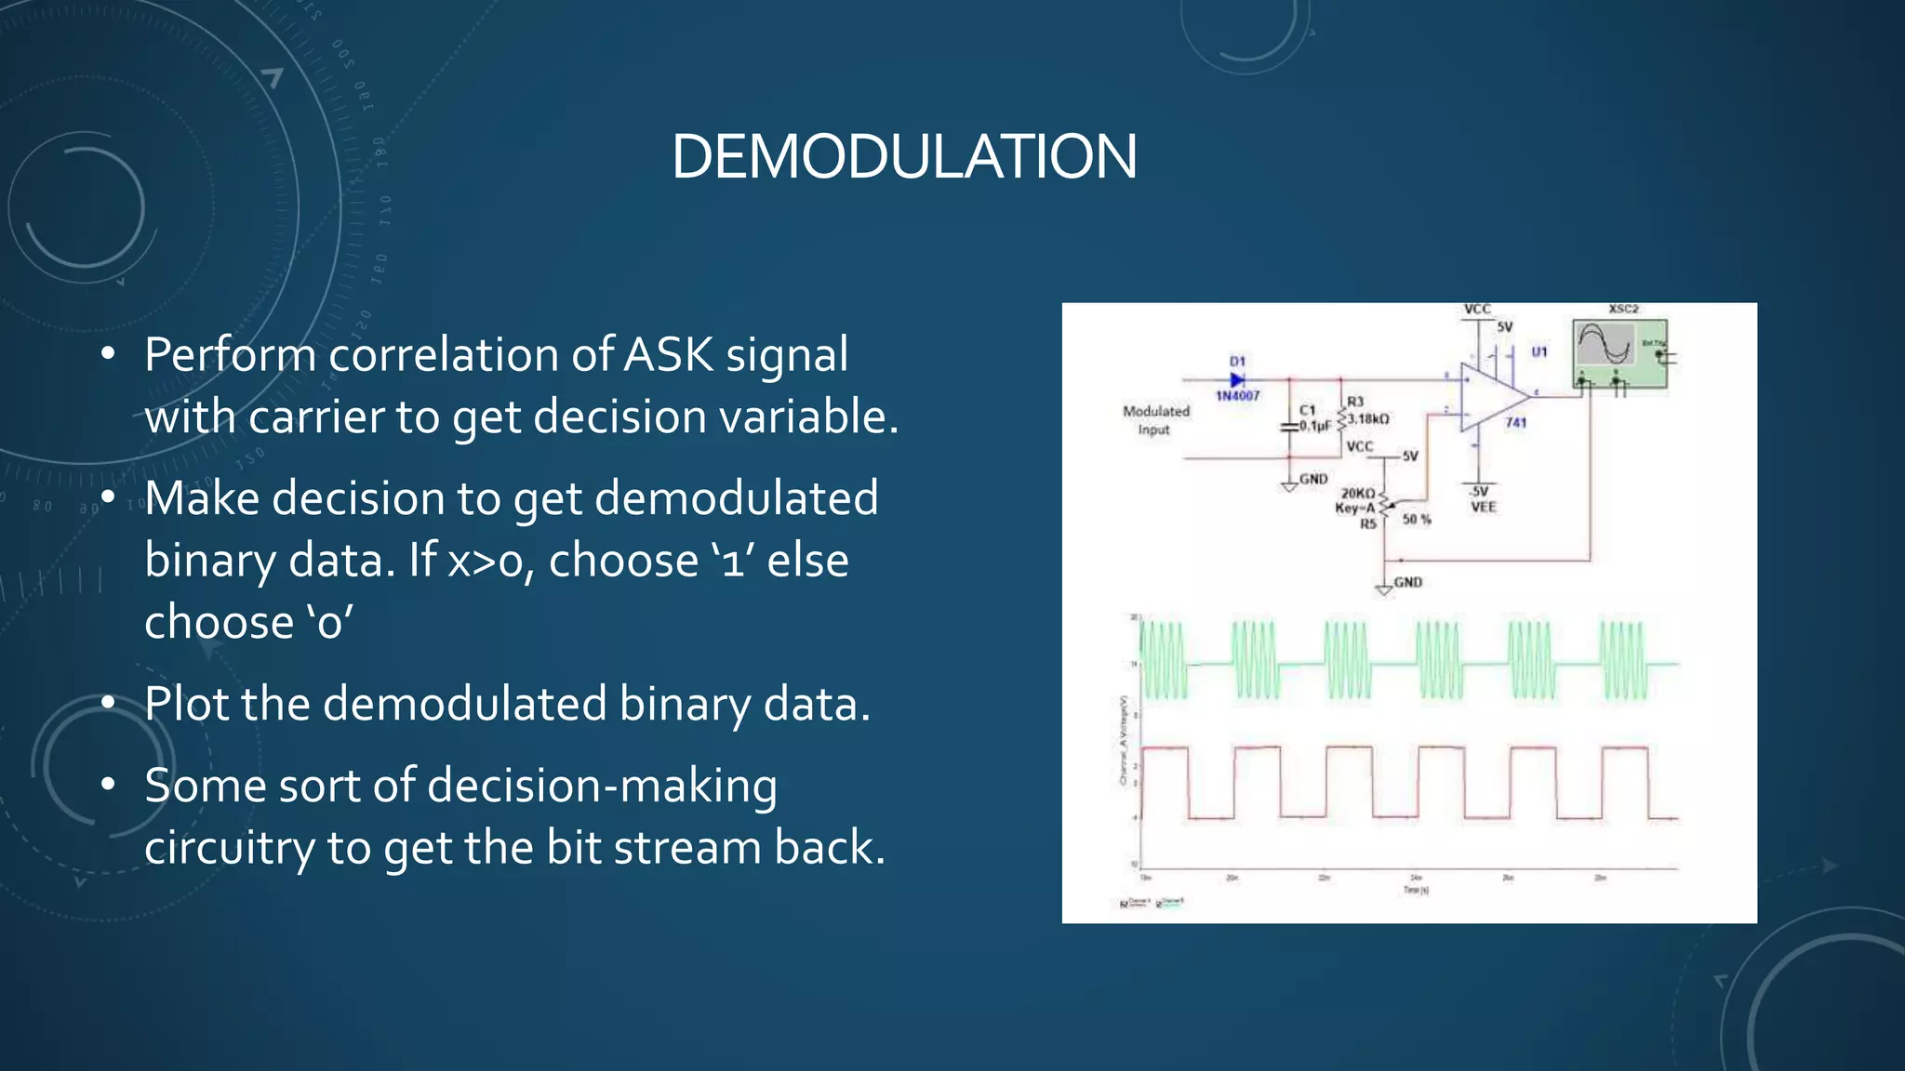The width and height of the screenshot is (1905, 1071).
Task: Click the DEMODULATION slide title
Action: (903, 156)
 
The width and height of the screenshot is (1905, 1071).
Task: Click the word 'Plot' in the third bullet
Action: (186, 704)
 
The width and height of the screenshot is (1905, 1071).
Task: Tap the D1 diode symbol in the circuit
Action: (1237, 379)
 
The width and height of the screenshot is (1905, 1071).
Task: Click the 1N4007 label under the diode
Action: (1237, 396)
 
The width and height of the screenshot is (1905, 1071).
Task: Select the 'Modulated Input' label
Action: (1155, 420)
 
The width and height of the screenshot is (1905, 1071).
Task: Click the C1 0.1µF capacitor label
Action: (1313, 418)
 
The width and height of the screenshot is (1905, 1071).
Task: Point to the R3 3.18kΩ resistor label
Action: (1365, 411)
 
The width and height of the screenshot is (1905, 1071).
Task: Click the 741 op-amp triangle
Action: (1490, 397)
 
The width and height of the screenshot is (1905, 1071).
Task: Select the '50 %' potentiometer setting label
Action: (1416, 520)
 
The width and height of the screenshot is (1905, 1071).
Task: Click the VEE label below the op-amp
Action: (1483, 508)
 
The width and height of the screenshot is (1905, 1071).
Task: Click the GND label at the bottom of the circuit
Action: (1407, 583)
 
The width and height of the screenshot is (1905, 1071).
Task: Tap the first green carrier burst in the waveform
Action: (1164, 661)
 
